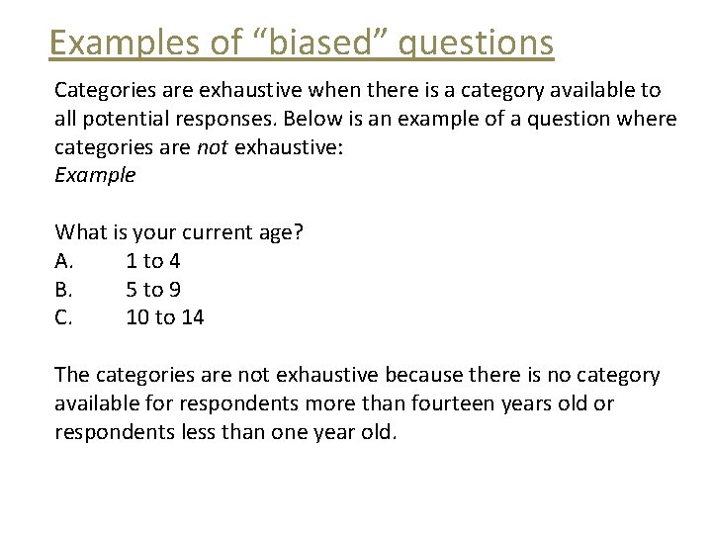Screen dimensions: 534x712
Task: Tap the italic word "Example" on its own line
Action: (95, 176)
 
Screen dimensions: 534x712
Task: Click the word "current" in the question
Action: (206, 232)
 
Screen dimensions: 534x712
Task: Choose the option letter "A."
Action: (64, 261)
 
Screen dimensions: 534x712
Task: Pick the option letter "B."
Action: (63, 290)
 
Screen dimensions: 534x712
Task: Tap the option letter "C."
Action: (63, 318)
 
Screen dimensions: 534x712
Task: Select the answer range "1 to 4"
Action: (153, 261)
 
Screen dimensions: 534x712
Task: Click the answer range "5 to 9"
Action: (153, 290)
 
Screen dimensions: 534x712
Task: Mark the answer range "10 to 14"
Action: (165, 318)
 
